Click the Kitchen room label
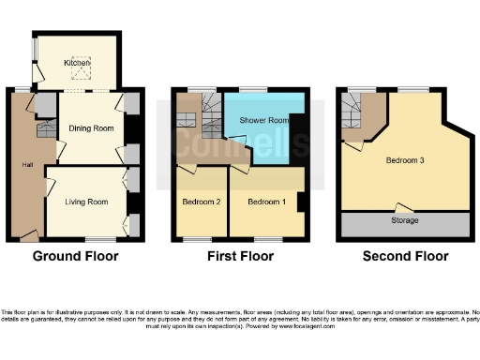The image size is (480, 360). click(x=77, y=63)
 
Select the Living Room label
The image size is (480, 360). click(x=86, y=202)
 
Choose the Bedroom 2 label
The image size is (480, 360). click(x=200, y=202)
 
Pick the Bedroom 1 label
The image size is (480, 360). click(x=265, y=202)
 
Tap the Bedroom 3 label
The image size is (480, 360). click(x=405, y=160)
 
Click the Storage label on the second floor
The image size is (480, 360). click(x=405, y=221)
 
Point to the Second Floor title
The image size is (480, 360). click(x=404, y=256)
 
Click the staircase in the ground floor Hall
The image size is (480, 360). click(x=41, y=133)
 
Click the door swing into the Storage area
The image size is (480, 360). click(x=404, y=207)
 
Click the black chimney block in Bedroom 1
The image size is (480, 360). click(x=300, y=201)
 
